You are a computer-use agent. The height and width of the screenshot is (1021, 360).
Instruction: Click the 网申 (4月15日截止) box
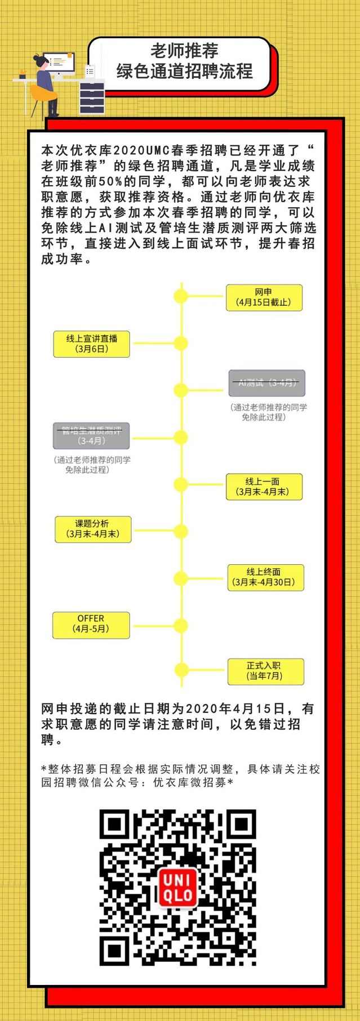click(x=264, y=297)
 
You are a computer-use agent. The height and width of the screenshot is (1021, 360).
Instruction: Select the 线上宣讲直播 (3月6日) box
click(x=92, y=344)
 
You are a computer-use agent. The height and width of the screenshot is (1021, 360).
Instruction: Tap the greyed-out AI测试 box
click(x=267, y=383)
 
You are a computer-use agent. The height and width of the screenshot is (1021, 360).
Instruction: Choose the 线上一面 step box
click(x=264, y=487)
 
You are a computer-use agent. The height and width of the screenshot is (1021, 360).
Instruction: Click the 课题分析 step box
click(x=93, y=529)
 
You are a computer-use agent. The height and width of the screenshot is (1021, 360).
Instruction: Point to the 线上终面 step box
click(x=265, y=577)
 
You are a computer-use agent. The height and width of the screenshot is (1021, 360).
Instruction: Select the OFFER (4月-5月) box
click(x=91, y=624)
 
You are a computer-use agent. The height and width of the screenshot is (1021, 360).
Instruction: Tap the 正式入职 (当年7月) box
click(x=265, y=671)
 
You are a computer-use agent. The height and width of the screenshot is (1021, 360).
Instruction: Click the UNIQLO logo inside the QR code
click(x=179, y=888)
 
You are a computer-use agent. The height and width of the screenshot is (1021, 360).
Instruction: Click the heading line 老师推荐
click(x=184, y=51)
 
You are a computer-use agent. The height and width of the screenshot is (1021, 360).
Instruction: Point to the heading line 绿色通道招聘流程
click(x=184, y=72)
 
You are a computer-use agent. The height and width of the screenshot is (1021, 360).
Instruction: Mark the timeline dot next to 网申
click(x=181, y=296)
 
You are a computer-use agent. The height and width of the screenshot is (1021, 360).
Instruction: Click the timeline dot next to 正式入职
click(x=181, y=670)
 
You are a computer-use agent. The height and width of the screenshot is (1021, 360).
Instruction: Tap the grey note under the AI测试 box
click(x=268, y=412)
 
